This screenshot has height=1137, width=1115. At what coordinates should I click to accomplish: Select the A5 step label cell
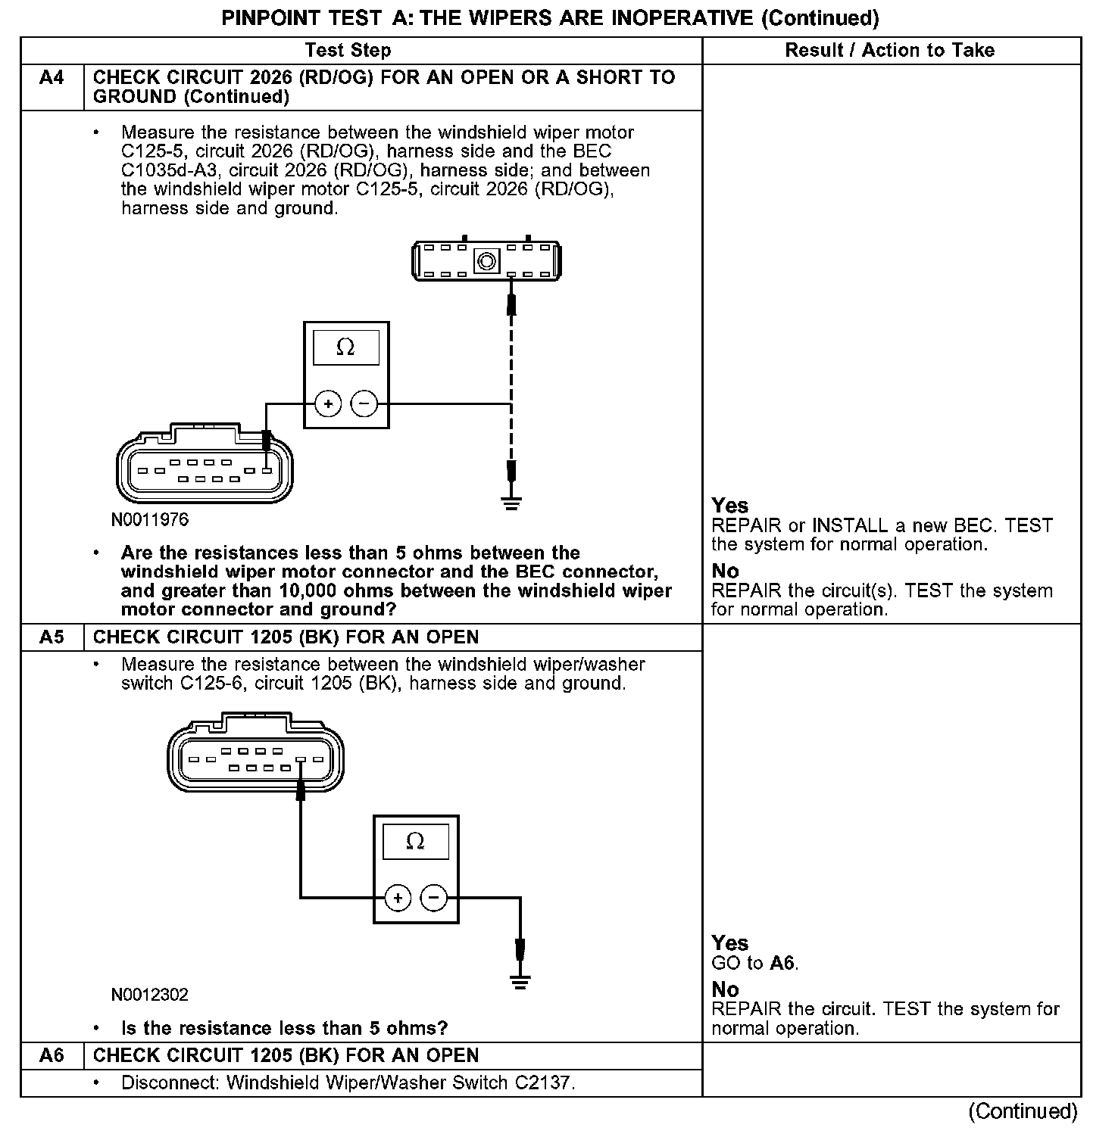click(52, 637)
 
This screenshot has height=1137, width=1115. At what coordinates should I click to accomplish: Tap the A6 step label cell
click(52, 1055)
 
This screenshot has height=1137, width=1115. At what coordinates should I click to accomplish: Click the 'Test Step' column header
click(348, 51)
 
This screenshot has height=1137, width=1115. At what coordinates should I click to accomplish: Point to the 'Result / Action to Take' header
click(889, 51)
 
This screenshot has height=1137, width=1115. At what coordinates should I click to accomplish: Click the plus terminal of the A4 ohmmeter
click(328, 404)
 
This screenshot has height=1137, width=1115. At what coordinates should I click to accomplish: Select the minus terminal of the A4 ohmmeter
click(364, 404)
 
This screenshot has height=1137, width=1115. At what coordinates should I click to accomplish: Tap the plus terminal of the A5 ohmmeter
click(398, 899)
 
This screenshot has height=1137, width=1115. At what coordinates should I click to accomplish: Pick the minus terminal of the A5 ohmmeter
click(434, 899)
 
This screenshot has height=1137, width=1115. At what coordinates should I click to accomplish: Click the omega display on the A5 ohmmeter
click(415, 841)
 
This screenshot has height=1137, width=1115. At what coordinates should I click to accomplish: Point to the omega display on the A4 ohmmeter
click(345, 347)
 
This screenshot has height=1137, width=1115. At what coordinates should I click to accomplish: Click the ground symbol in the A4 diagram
click(511, 503)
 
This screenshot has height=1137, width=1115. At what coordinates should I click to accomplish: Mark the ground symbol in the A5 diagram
click(520, 983)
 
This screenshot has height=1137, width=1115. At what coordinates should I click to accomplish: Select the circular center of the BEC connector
click(486, 262)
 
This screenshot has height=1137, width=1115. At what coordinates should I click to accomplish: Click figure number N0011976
click(150, 520)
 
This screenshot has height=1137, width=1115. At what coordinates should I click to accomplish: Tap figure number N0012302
click(150, 995)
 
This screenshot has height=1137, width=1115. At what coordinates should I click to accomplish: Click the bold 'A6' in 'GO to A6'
click(783, 963)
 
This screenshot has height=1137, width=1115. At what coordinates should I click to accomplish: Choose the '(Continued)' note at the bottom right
click(1023, 1111)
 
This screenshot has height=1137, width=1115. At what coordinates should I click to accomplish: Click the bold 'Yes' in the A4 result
click(730, 506)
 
